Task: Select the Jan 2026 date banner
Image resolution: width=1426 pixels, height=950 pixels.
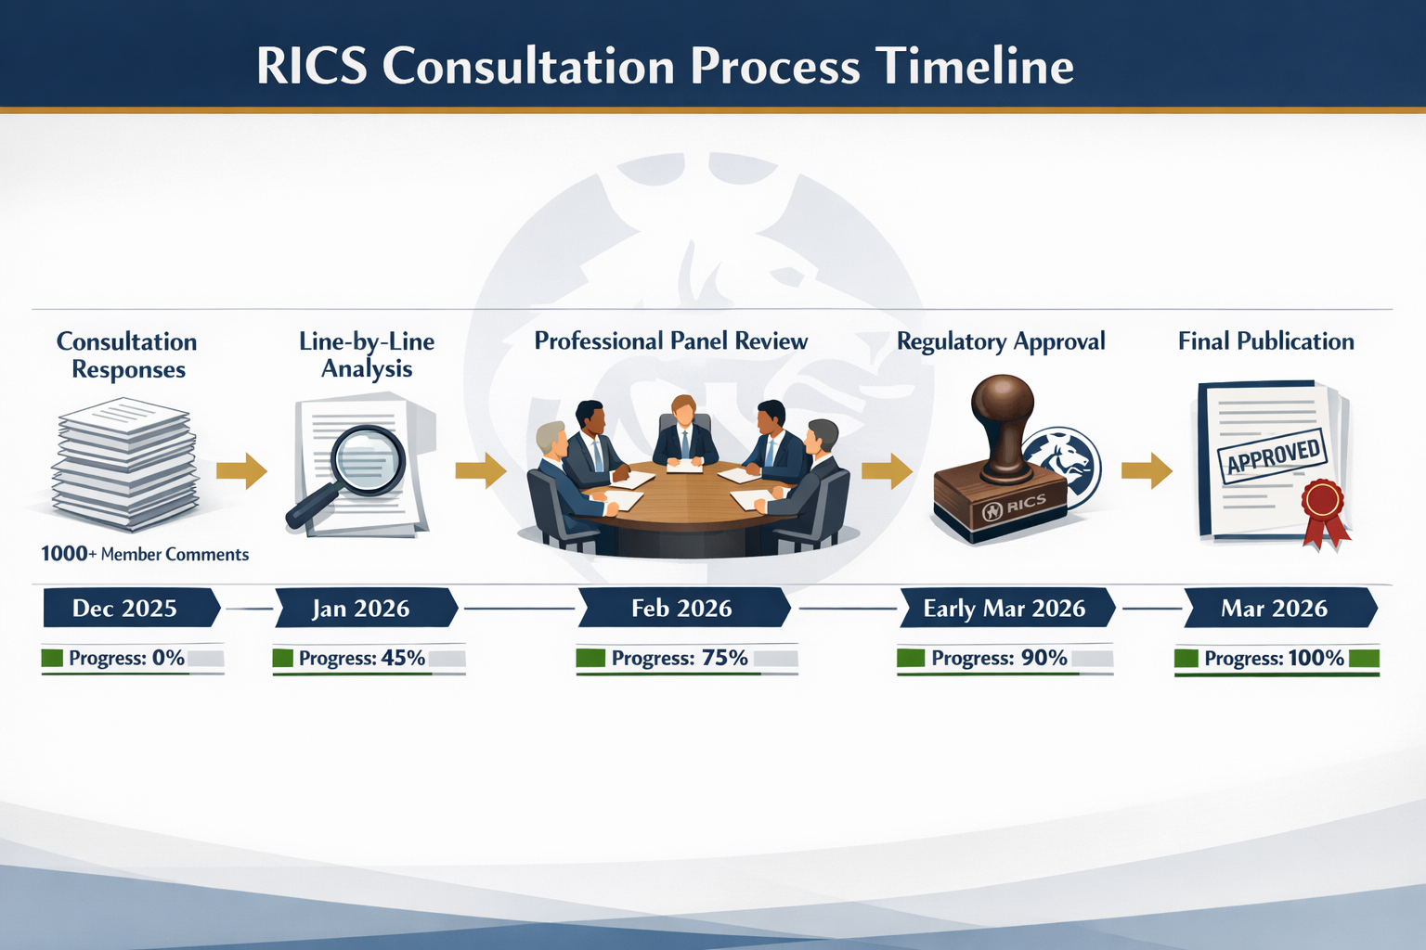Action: click(362, 609)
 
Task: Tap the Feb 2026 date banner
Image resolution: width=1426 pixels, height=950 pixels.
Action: click(682, 609)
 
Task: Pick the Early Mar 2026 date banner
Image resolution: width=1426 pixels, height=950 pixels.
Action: click(1005, 609)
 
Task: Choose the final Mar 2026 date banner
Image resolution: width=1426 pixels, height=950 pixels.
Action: click(1276, 609)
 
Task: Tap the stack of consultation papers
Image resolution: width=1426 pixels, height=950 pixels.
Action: click(126, 464)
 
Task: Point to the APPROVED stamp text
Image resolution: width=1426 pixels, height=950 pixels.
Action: click(1273, 456)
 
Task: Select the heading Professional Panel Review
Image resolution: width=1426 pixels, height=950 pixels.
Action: click(670, 341)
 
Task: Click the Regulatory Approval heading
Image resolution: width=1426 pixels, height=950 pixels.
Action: click(1001, 341)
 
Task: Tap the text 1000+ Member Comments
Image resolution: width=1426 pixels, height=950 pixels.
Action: click(145, 554)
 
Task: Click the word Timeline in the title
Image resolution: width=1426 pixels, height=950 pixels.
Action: click(975, 67)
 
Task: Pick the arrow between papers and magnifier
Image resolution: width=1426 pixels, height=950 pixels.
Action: click(241, 470)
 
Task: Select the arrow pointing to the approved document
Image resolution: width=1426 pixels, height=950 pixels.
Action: click(1147, 470)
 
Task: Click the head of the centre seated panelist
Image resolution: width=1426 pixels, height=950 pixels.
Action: click(683, 409)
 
